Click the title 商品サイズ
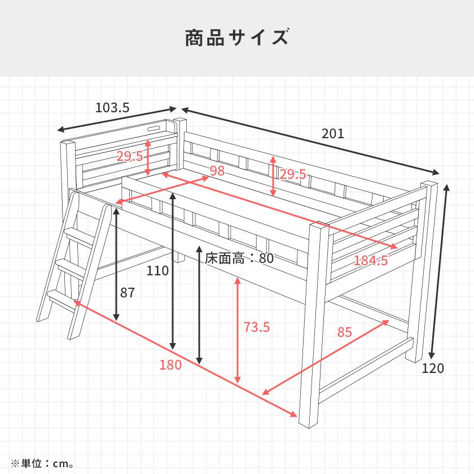237,38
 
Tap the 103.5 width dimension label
113,107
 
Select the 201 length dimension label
333,134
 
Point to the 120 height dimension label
433,368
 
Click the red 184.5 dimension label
371,260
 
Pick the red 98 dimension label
217,171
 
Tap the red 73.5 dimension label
257,327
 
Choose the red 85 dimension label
344,332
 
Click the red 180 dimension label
170,365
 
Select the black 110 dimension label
157,271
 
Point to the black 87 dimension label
128,293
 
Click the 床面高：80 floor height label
239,258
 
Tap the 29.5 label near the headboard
130,156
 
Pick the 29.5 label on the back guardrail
292,174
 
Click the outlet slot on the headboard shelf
153,130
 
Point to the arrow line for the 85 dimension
325,357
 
